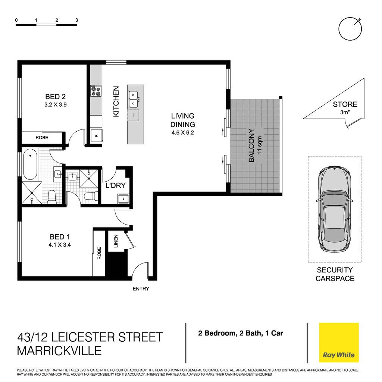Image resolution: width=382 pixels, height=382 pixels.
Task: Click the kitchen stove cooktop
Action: tap(96, 91)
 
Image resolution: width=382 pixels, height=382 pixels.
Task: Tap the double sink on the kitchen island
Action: tap(133, 99)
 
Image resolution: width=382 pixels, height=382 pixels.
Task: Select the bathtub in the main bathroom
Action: tap(30, 164)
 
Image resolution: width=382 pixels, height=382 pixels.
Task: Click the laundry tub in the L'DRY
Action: tap(123, 199)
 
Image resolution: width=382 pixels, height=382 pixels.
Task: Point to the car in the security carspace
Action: tap(334, 209)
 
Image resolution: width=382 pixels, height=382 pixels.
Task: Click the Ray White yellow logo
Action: tap(339, 342)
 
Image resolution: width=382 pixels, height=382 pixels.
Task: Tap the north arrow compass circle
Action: tap(350, 29)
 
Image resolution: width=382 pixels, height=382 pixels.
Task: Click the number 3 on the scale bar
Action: tap(76, 20)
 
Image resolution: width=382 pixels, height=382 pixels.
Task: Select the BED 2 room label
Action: tap(55, 97)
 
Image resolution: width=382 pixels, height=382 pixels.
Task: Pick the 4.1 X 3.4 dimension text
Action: tap(60, 245)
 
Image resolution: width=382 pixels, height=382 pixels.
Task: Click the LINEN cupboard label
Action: tap(116, 241)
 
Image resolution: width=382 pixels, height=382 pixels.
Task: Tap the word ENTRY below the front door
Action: tap(141, 289)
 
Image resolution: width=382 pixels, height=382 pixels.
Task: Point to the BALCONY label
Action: tap(251, 145)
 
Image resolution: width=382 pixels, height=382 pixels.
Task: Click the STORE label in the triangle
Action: tap(345, 104)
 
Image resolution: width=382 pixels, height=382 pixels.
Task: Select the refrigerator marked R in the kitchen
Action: tap(96, 135)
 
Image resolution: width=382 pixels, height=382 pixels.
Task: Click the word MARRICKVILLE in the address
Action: tap(59, 351)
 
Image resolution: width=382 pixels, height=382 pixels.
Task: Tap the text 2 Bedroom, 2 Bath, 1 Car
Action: tap(241, 333)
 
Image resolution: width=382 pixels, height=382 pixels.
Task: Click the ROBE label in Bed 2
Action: tap(42, 138)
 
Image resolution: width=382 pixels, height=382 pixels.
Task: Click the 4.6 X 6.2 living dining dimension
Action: tap(183, 133)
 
